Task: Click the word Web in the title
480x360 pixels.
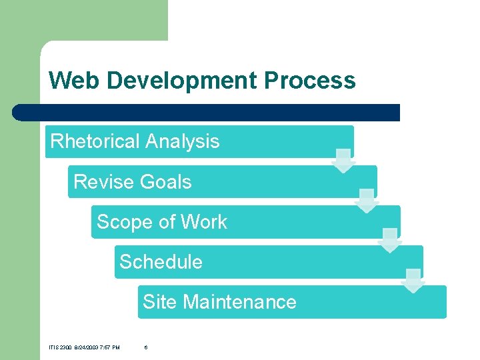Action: (x=74, y=81)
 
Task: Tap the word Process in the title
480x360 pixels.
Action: (x=310, y=81)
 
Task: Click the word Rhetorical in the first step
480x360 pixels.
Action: (x=95, y=141)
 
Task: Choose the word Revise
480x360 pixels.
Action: (x=99, y=182)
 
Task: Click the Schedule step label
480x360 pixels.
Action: (x=161, y=262)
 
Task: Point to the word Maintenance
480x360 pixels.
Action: (x=239, y=302)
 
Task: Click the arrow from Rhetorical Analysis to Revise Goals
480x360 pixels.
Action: (x=343, y=161)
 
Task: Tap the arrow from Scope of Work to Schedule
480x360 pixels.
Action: (x=390, y=241)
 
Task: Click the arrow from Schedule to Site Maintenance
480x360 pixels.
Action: (x=413, y=281)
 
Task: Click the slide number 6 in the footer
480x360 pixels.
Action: (x=146, y=347)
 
